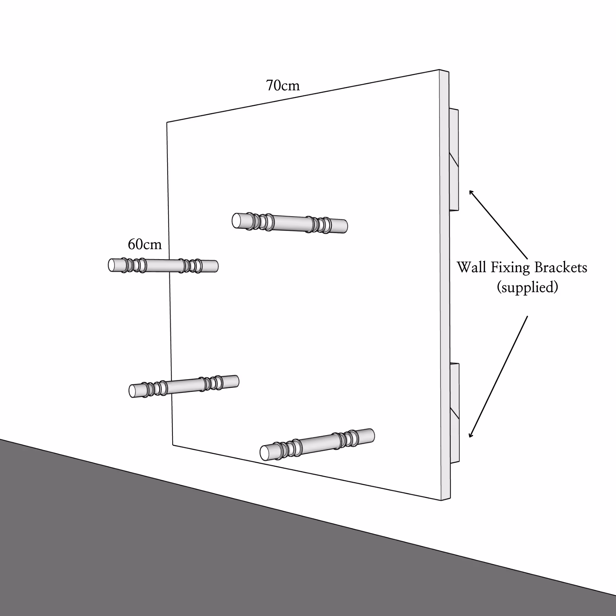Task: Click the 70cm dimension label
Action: [283, 86]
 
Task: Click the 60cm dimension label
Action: [144, 244]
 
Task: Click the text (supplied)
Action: [527, 287]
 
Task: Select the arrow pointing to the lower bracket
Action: [498, 376]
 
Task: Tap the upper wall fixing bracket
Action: [454, 160]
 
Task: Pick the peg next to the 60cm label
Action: [163, 266]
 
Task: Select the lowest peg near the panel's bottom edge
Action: [317, 444]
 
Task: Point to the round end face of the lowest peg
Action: [265, 453]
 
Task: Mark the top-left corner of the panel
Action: [167, 122]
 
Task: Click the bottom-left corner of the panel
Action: [173, 445]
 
